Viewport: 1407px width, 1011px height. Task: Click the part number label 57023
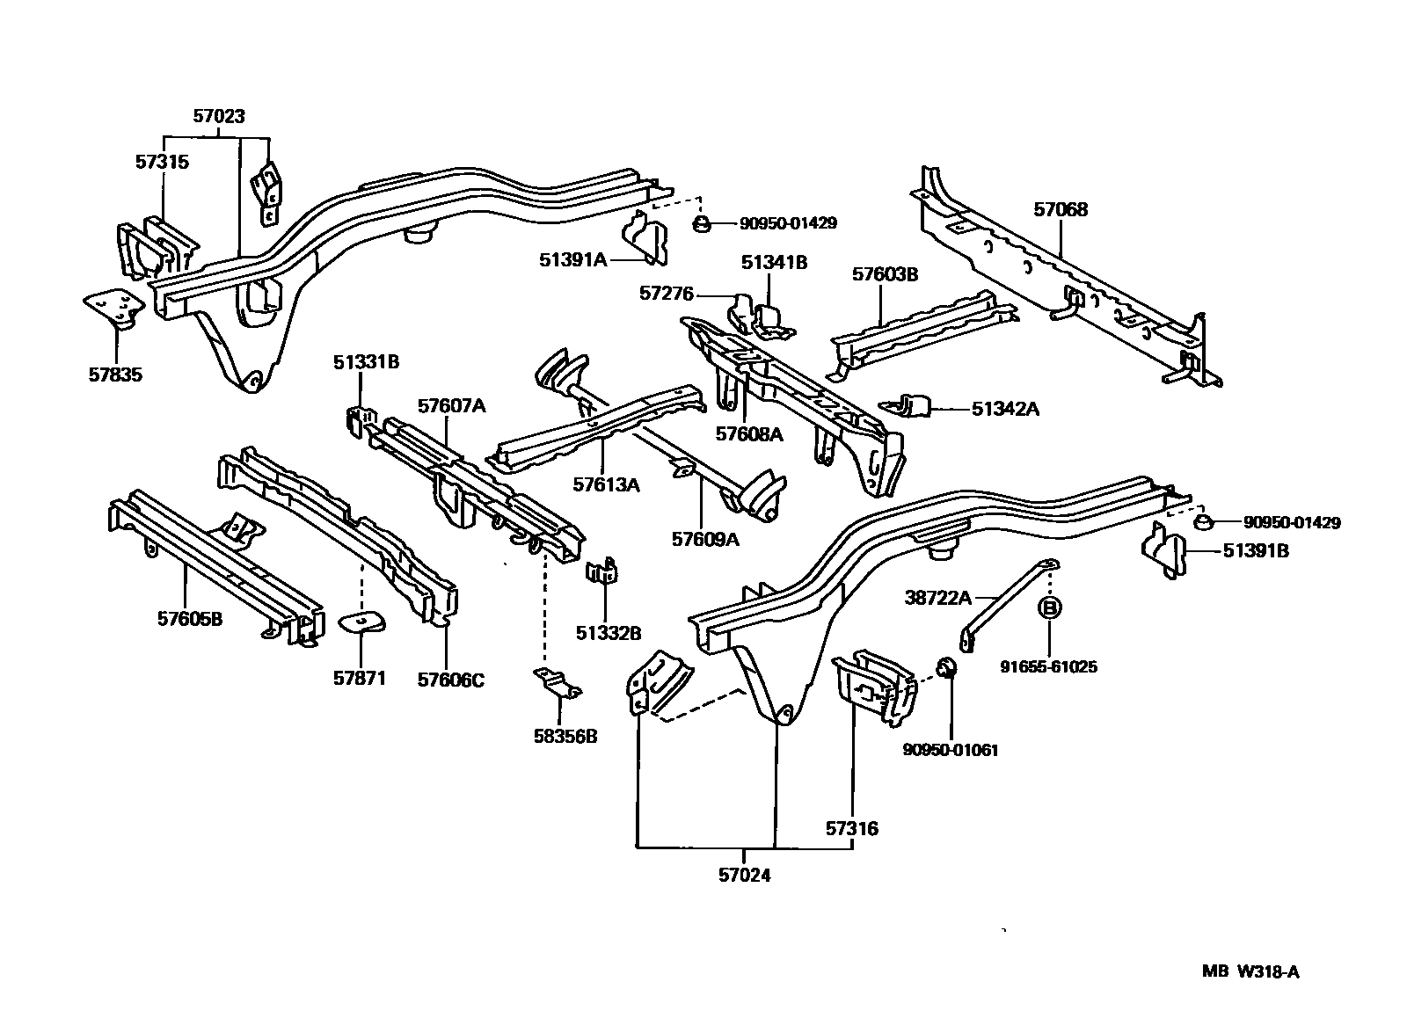(219, 116)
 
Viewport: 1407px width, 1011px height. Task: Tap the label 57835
(115, 375)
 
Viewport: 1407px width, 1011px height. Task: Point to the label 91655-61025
(1048, 666)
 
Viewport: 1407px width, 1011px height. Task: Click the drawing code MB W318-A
(1251, 971)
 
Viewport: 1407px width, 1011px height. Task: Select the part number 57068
(1061, 209)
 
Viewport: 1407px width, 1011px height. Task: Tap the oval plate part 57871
(362, 623)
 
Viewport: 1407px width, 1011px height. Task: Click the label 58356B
(565, 737)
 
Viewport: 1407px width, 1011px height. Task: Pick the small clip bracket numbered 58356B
(558, 682)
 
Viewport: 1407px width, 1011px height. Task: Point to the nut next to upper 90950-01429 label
(702, 223)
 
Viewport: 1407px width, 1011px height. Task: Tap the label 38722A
(938, 599)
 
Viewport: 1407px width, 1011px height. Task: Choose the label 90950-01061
(951, 750)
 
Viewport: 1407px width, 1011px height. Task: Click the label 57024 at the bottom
(744, 876)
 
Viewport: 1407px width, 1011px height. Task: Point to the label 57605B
(190, 619)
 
